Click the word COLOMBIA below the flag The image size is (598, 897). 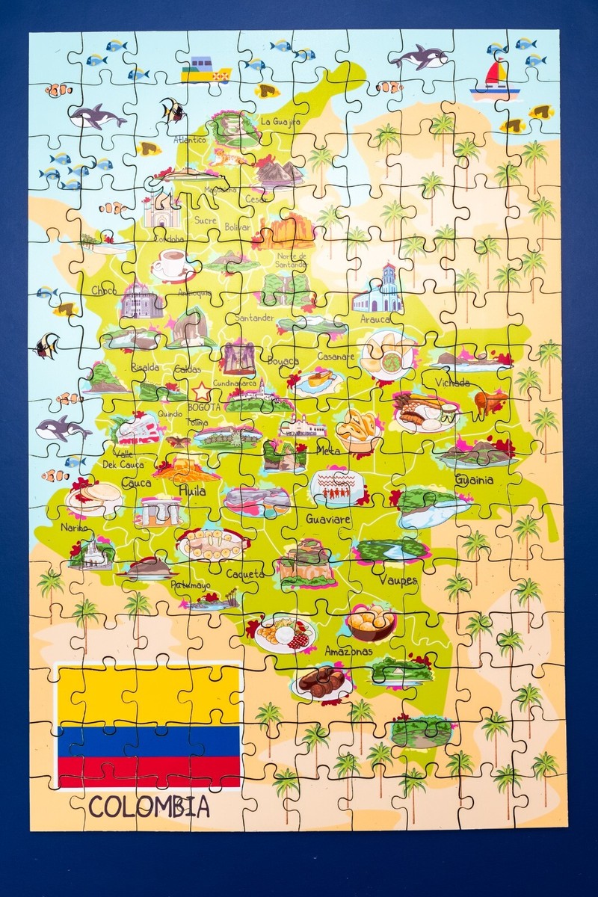[149, 807]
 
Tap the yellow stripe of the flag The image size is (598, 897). [149, 694]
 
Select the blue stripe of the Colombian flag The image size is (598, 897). [149, 740]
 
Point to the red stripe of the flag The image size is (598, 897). [149, 770]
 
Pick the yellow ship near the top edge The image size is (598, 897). [205, 70]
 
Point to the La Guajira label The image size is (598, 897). [280, 121]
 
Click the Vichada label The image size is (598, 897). [446, 383]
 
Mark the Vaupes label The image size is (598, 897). [398, 580]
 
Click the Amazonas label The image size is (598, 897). [348, 652]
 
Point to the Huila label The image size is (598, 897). [192, 491]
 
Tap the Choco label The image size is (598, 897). [105, 290]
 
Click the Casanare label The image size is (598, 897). [336, 357]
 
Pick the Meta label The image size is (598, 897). [327, 450]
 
